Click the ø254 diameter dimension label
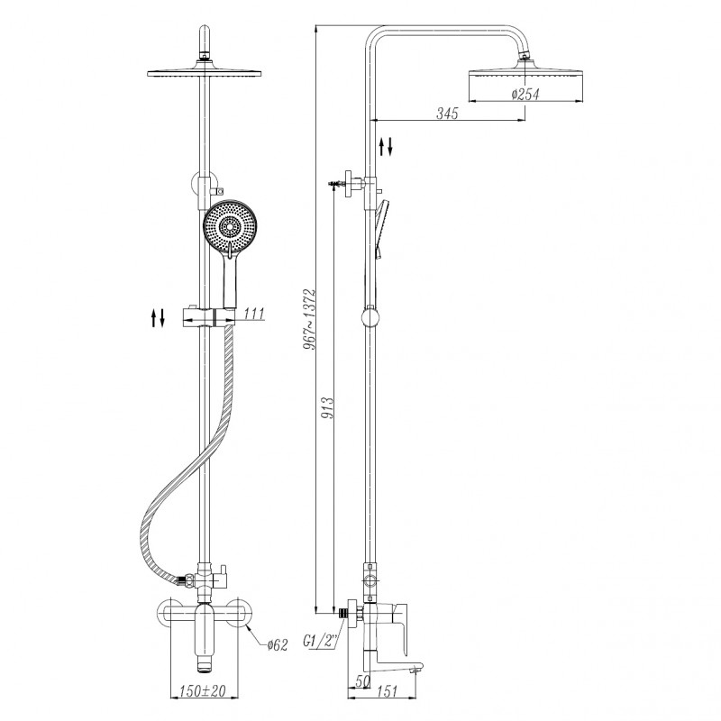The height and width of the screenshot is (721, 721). pyautogui.click(x=525, y=95)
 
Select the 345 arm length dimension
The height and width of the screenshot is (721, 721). pyautogui.click(x=447, y=114)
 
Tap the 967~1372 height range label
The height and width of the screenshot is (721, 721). pyautogui.click(x=310, y=319)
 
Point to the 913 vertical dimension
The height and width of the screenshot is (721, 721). pyautogui.click(x=327, y=408)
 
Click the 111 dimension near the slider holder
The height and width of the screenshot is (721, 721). pyautogui.click(x=254, y=314)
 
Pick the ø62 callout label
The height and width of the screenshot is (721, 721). pyautogui.click(x=278, y=645)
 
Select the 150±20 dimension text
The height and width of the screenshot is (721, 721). pyautogui.click(x=202, y=691)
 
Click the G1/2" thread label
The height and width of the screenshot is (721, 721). pyautogui.click(x=321, y=641)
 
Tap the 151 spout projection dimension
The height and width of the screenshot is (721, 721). pyautogui.click(x=388, y=691)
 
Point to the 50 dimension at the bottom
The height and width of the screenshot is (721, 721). pyautogui.click(x=363, y=681)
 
